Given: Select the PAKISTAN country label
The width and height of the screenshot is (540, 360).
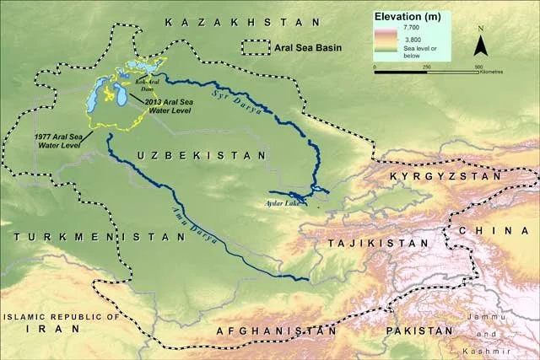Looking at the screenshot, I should [x=418, y=331].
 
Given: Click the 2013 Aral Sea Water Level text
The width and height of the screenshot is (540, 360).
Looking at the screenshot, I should [x=169, y=107].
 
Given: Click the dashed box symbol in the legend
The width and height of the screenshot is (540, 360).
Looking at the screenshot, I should [x=255, y=48].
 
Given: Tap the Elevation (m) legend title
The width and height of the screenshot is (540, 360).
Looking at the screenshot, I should [x=407, y=16].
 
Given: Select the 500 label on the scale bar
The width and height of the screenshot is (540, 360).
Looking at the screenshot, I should [x=478, y=67].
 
